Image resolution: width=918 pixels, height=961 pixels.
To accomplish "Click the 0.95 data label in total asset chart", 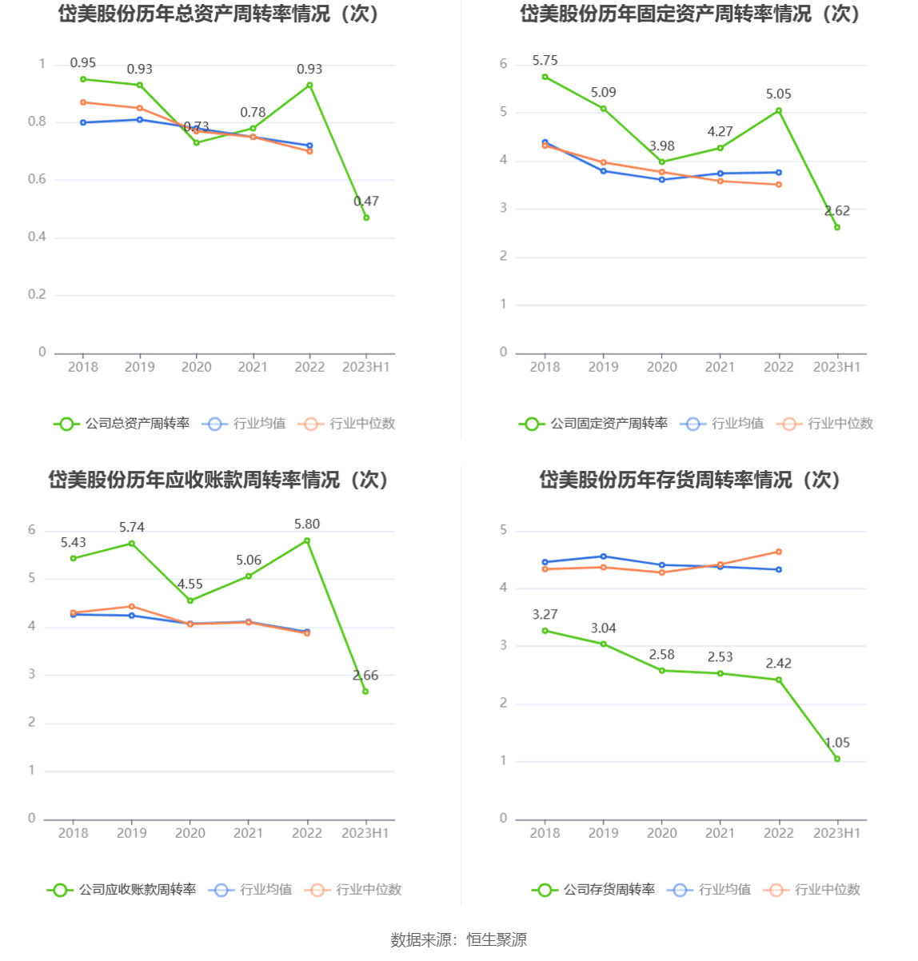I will (x=82, y=62).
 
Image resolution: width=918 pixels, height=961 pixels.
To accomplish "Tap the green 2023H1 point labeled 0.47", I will (x=366, y=217).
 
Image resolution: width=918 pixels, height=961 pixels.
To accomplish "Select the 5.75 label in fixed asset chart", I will (x=545, y=61).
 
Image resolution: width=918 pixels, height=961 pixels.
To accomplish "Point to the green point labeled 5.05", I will (x=778, y=111).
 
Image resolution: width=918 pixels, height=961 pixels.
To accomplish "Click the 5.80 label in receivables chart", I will (x=306, y=524).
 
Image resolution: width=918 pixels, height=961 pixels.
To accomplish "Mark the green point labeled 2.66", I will (x=365, y=692).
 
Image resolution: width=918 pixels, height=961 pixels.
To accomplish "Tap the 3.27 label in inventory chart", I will (x=545, y=615).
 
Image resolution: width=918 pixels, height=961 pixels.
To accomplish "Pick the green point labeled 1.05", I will (x=837, y=759).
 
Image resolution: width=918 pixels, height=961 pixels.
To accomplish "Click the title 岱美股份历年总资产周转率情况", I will (x=219, y=14).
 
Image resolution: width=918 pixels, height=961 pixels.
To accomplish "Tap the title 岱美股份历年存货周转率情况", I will (x=689, y=480).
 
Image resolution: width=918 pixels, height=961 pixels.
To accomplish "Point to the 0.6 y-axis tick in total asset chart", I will (x=38, y=179).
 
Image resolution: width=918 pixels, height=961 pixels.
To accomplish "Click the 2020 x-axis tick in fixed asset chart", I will (x=661, y=367).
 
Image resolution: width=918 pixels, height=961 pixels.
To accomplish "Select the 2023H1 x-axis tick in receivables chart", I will (x=365, y=833).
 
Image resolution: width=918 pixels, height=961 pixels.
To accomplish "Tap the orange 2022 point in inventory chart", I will (x=778, y=552).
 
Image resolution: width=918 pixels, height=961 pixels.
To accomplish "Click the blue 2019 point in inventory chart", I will (x=603, y=556).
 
